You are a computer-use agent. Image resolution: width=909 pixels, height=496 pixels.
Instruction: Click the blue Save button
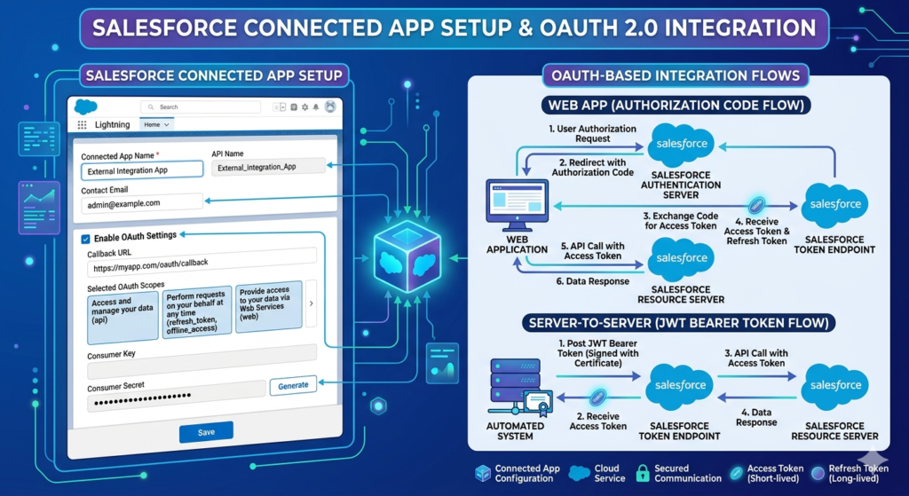click(x=206, y=432)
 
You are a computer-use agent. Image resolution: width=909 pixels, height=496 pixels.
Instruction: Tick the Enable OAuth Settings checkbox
click(x=85, y=238)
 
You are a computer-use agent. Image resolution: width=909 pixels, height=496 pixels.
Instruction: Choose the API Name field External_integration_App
click(x=267, y=167)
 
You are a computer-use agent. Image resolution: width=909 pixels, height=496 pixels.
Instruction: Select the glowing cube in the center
click(x=407, y=256)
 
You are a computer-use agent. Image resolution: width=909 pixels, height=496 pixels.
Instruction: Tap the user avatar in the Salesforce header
click(x=330, y=106)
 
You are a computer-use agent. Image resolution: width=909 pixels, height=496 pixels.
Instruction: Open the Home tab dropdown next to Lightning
click(x=156, y=124)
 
